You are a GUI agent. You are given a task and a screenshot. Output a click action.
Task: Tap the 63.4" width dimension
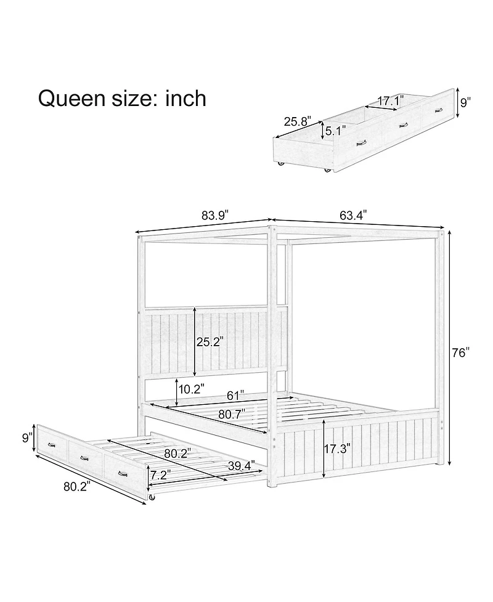point(353,215)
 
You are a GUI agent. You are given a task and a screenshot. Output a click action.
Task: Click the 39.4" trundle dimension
point(240,466)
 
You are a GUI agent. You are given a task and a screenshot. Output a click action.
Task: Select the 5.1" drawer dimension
point(335,131)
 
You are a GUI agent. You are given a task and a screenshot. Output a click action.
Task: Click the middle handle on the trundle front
point(84,458)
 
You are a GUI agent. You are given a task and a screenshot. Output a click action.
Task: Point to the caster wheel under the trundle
point(151,497)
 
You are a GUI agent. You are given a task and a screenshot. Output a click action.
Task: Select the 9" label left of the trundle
point(26,438)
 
